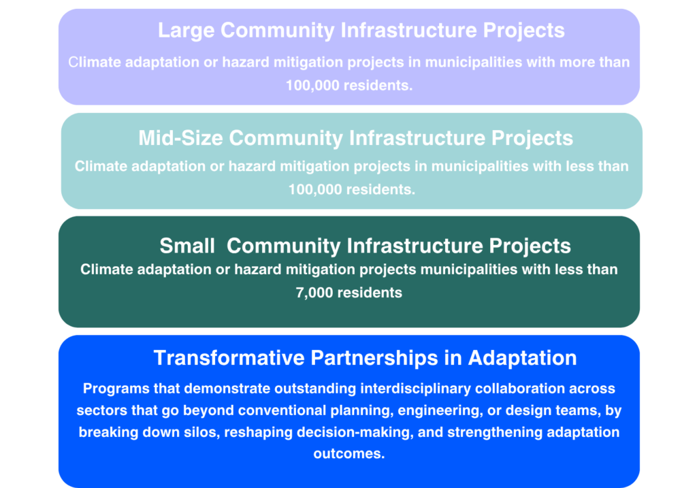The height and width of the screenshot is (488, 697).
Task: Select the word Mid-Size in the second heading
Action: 180,138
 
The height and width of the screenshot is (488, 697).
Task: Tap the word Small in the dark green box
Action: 187,246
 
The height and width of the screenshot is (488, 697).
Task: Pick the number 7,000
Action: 314,293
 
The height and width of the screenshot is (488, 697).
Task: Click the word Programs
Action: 116,389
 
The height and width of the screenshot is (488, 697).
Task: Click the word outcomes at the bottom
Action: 349,454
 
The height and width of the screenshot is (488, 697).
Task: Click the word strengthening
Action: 495,432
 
